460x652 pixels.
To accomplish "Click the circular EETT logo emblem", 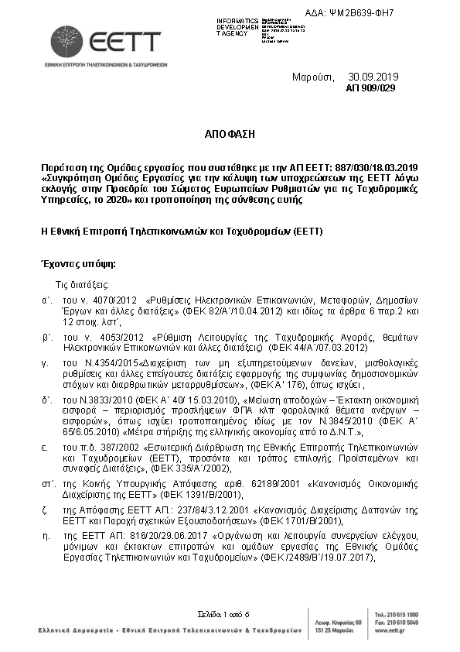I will point(66,41).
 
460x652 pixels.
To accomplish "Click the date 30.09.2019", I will point(373,77).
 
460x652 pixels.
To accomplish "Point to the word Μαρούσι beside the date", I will point(312,77).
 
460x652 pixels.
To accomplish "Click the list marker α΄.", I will point(46,298).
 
